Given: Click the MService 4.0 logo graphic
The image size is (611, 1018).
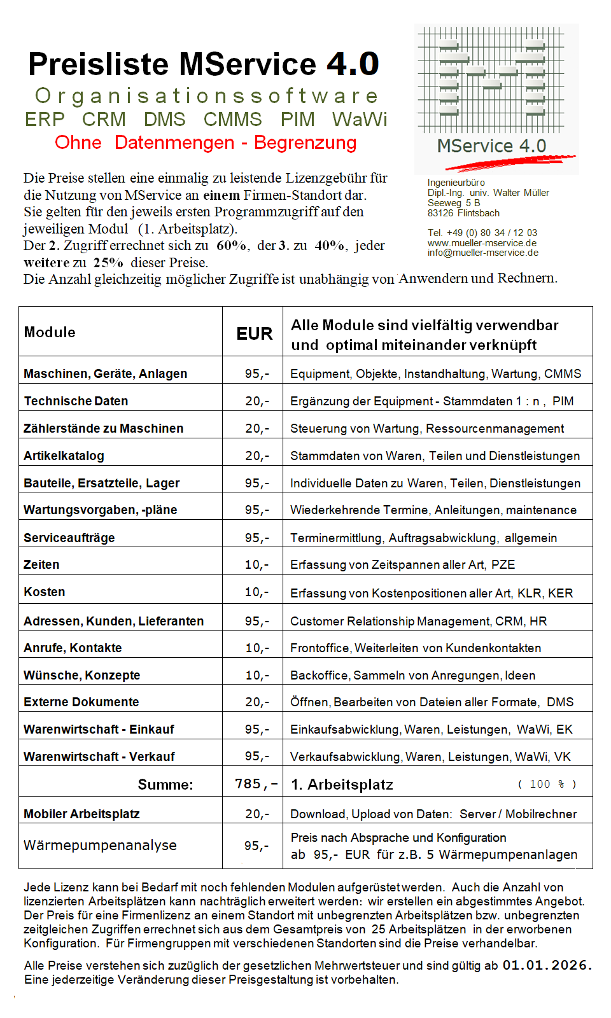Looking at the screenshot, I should pyautogui.click(x=496, y=99).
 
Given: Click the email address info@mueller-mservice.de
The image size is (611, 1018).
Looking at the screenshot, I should pyautogui.click(x=482, y=253).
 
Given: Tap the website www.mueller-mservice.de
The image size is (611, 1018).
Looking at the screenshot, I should pyautogui.click(x=482, y=243).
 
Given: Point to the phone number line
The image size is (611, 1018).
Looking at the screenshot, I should pyautogui.click(x=482, y=233).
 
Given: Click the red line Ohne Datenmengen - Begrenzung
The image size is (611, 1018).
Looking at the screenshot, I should pyautogui.click(x=206, y=143).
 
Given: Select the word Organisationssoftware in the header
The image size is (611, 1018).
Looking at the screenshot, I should pyautogui.click(x=206, y=96).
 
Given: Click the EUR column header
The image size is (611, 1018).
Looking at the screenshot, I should pyautogui.click(x=254, y=334).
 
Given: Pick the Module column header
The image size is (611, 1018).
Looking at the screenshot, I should pyautogui.click(x=50, y=332).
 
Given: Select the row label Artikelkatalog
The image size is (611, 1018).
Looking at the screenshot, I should pyautogui.click(x=64, y=456).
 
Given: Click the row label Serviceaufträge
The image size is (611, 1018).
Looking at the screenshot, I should pyautogui.click(x=69, y=538).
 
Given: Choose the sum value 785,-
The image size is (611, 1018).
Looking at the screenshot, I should pyautogui.click(x=256, y=784).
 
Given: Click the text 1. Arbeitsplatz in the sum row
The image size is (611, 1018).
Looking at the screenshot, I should pyautogui.click(x=342, y=784).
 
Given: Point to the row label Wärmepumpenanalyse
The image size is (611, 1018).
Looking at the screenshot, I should pyautogui.click(x=100, y=845).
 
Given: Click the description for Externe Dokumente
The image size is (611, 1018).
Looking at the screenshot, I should pyautogui.click(x=432, y=702).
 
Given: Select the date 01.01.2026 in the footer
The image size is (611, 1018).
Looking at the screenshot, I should pyautogui.click(x=547, y=965).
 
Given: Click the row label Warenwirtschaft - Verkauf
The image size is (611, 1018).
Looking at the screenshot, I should pyautogui.click(x=99, y=757).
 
